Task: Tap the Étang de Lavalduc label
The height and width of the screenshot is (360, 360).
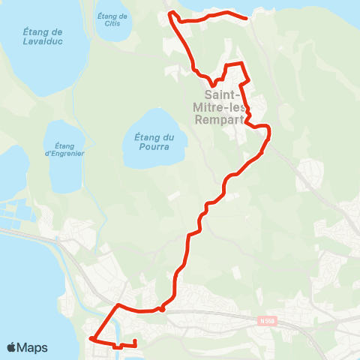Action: click(43, 37)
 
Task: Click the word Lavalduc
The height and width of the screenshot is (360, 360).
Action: click(43, 42)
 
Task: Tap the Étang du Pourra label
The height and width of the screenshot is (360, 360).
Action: click(154, 142)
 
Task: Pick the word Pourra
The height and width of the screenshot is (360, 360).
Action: click(154, 147)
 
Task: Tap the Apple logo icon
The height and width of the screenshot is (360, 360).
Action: click(11, 347)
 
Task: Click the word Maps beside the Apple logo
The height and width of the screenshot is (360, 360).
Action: click(33, 347)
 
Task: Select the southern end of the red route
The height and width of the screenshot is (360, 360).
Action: click(134, 342)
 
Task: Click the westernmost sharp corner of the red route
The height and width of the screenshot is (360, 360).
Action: click(90, 339)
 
